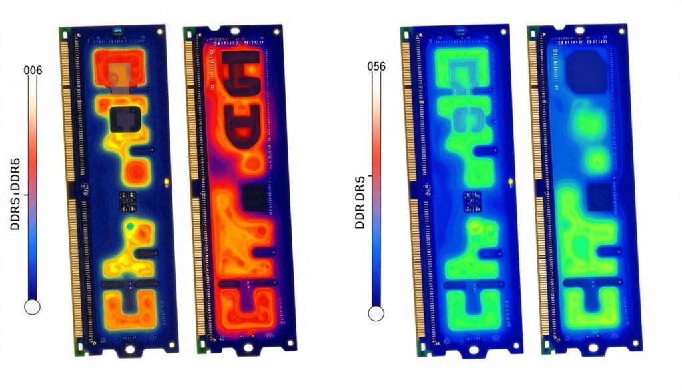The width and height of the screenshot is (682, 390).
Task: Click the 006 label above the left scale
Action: click(x=33, y=71)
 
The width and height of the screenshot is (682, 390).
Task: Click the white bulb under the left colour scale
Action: click(x=32, y=307)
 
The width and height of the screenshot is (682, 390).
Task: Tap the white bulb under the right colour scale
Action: click(x=376, y=312)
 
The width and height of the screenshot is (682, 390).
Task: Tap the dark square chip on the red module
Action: click(x=254, y=198)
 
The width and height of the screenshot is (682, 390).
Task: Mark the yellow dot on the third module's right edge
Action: click(x=511, y=181)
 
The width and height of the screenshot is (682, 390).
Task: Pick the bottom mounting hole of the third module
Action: click(x=474, y=348)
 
